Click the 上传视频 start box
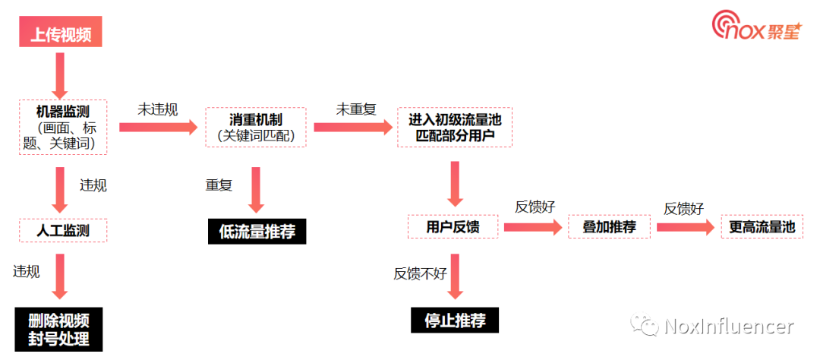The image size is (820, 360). coord(60,34)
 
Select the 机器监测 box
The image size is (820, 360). coord(62,127)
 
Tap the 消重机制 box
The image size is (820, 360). coord(256,128)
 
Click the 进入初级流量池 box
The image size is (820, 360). coord(455,128)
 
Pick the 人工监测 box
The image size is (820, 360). coord(62,230)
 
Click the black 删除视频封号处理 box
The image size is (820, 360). coord(58,329)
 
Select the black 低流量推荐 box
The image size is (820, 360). coord(257,232)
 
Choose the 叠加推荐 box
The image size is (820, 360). coord(609,226)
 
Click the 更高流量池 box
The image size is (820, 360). coord(762,226)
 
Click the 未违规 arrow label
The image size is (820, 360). coord(157,109)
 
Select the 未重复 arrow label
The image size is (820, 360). coord(356,109)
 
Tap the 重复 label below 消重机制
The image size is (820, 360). coord(219,185)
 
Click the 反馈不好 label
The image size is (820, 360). coord(420,274)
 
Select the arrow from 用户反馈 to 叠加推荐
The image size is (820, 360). coord(532,226)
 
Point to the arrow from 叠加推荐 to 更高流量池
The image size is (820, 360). coord(686,226)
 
